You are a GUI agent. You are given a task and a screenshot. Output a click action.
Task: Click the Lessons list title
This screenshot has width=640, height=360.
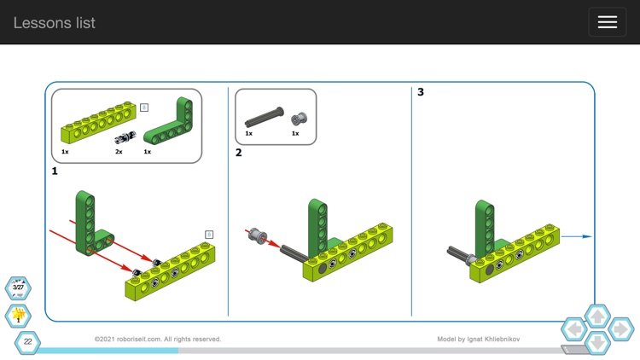coord(54,23)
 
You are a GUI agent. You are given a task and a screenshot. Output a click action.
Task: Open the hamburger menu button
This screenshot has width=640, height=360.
coord(607,22)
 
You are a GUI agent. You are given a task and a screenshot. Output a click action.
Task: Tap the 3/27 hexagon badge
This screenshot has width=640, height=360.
coord(18,288)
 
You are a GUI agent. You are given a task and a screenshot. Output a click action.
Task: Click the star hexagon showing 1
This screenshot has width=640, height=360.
coord(18,316)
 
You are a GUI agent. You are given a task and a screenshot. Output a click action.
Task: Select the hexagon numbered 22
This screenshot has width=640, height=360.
coord(27,342)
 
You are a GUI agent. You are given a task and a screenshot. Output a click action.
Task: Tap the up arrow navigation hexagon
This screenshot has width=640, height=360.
coord(597,316)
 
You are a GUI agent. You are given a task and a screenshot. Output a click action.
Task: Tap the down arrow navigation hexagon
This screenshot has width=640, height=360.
coord(597,342)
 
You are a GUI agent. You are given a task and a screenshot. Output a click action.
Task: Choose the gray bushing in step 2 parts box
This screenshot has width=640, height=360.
coord(298,119)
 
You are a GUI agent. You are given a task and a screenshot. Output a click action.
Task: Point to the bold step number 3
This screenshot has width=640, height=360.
coord(421,92)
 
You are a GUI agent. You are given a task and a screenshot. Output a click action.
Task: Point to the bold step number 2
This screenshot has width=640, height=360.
coord(239,153)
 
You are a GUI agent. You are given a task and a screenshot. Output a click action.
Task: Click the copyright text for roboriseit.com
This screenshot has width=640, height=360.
coord(158,340)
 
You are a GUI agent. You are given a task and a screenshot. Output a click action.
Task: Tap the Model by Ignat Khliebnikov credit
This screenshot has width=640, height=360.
coord(478,340)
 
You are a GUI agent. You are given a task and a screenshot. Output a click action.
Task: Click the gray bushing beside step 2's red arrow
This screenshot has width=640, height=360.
coord(255,234)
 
